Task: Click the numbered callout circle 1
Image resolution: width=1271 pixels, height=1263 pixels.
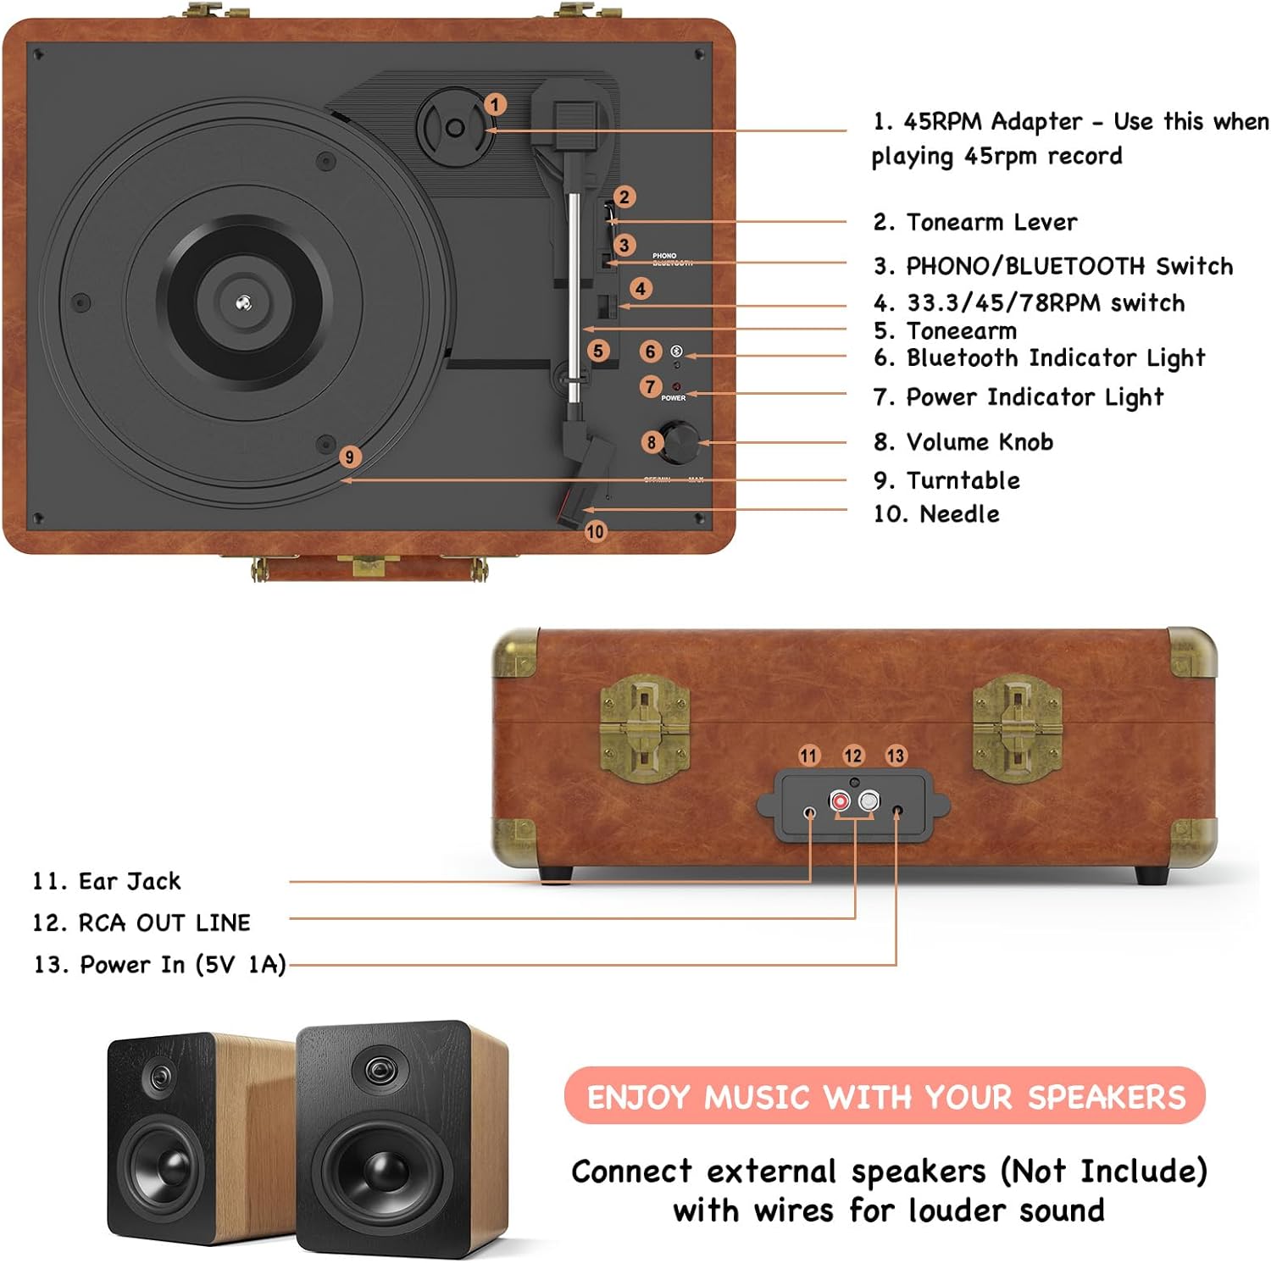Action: tap(496, 104)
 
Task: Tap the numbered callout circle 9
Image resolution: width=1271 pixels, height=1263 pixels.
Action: tap(349, 457)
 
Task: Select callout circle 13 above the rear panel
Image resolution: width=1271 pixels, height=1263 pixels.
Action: tap(896, 756)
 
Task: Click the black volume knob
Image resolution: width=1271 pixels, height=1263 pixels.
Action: tap(680, 441)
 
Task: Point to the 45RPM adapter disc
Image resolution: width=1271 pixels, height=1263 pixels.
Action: tap(455, 128)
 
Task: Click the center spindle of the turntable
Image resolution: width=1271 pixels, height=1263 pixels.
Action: tap(244, 302)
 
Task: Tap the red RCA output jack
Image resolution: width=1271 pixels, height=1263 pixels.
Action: tap(840, 800)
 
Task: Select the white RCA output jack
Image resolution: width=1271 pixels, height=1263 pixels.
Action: tap(869, 800)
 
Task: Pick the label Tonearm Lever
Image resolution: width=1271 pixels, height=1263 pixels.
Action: tap(991, 223)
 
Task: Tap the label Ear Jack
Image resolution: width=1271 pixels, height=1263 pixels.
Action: tap(129, 882)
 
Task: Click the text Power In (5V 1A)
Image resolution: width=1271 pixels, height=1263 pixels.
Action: tap(182, 965)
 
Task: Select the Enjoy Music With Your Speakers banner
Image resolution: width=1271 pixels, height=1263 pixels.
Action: tap(885, 1097)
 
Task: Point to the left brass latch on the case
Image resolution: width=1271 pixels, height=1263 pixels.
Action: tap(644, 728)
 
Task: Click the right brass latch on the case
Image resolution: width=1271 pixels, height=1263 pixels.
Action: tap(1016, 728)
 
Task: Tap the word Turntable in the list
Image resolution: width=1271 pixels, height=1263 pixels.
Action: tap(963, 480)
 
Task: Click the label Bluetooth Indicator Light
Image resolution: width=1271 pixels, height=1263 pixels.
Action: tap(1055, 358)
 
